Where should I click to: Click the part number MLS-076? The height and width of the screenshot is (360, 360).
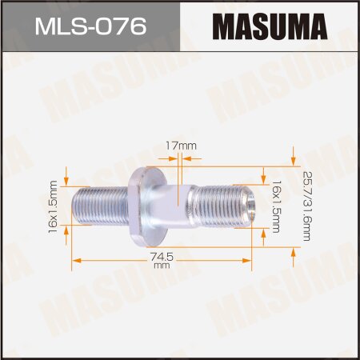coord(90,28)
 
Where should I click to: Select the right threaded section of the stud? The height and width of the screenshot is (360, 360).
coord(225,205)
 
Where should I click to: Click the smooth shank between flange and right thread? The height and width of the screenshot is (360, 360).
coord(180,205)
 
